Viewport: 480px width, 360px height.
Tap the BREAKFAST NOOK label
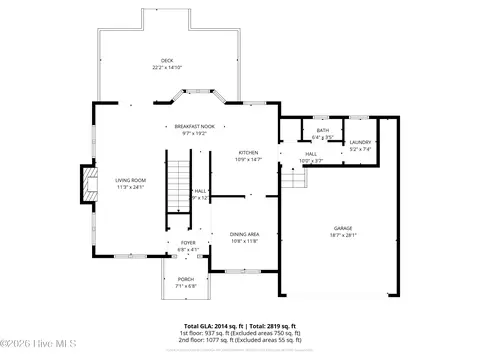tap(189, 127)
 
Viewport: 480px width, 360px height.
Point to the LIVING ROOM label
tap(130, 180)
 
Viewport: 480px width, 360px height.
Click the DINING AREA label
tap(245, 234)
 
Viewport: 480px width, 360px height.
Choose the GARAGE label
tap(343, 228)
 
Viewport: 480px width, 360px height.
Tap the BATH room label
tap(322, 130)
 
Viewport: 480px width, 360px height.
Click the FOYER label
tap(187, 243)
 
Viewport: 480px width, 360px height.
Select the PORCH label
tap(186, 279)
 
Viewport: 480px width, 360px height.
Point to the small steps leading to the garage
tap(292, 178)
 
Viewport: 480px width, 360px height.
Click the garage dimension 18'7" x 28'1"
tap(343, 235)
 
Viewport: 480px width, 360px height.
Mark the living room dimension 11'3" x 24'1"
tap(130, 187)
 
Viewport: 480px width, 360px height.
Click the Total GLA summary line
tap(239, 326)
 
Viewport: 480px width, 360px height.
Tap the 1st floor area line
tap(239, 333)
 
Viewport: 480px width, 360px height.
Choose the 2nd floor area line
tap(239, 340)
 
